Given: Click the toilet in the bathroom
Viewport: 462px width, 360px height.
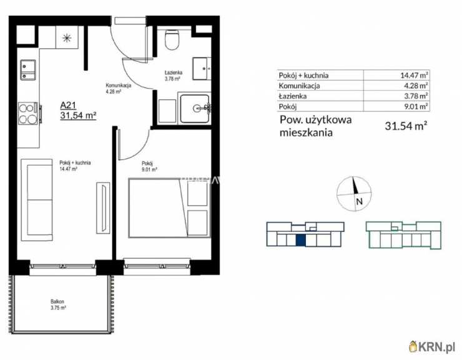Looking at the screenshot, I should [172, 41].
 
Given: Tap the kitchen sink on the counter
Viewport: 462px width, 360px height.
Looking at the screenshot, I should [29, 69].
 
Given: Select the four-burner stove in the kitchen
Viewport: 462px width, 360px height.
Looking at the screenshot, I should [28, 113].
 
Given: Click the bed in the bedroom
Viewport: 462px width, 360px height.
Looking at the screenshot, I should [169, 208].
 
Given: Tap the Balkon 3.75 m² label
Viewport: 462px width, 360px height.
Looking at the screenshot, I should [59, 304].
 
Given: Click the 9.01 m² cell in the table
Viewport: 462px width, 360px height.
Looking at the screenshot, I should [413, 106].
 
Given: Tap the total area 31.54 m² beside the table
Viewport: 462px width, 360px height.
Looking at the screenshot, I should [406, 125].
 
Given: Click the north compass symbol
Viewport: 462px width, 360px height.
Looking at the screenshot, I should [354, 192].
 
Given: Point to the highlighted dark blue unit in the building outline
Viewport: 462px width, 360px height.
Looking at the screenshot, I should [300, 239].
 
